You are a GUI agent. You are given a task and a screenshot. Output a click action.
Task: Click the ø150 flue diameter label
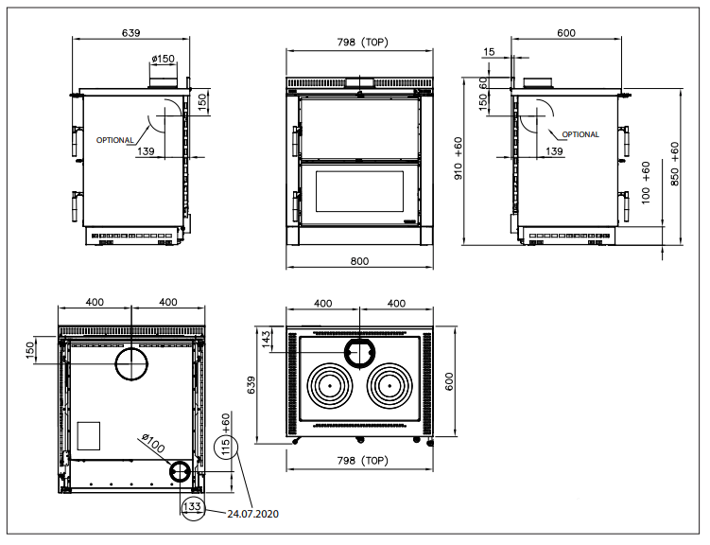point(164,60)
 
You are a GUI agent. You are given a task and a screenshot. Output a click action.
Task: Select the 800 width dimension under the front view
point(358,261)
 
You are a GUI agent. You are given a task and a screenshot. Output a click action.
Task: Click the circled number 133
point(191,507)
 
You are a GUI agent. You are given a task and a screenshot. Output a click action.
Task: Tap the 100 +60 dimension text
point(646,182)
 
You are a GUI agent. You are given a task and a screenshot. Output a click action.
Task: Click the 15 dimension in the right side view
point(488,53)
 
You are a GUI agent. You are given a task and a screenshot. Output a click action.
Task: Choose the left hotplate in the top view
point(329,385)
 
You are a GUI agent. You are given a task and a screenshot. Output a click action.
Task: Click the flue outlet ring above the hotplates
point(359,351)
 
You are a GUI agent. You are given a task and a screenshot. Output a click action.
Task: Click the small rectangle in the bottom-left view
point(88,435)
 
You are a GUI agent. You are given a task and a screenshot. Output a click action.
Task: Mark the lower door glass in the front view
point(358,192)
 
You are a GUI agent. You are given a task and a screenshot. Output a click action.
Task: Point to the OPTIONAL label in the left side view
point(114,140)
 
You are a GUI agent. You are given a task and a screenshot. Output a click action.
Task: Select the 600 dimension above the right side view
point(565,34)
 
